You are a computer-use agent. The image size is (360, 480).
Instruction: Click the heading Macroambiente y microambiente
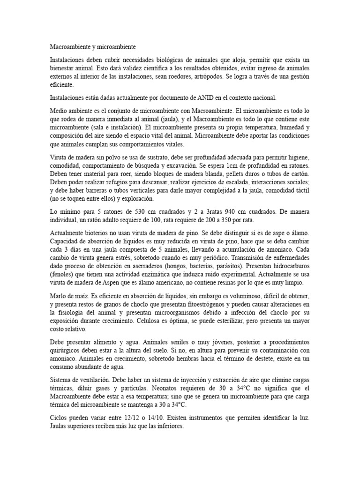coord(93,47)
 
